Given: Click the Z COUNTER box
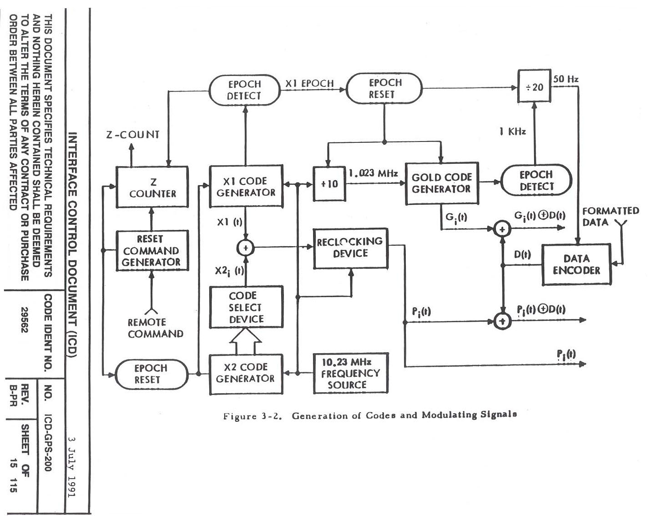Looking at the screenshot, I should pyautogui.click(x=152, y=187).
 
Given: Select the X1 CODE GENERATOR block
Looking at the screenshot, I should pyautogui.click(x=246, y=187).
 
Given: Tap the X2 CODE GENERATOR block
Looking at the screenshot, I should pyautogui.click(x=246, y=373).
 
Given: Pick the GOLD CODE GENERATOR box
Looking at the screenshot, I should pyautogui.click(x=441, y=183).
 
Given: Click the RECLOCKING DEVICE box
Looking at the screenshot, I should pyautogui.click(x=350, y=248).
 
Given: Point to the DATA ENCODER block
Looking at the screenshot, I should pyautogui.click(x=576, y=264).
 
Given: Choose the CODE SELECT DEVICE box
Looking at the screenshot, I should pyautogui.click(x=246, y=307).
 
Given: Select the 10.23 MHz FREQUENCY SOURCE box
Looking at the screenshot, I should pyautogui.click(x=350, y=373).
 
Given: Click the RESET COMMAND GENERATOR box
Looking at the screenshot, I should pyautogui.click(x=152, y=251).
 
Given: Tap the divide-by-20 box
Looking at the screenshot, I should pyautogui.click(x=534, y=86).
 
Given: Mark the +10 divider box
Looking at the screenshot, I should pyautogui.click(x=329, y=184).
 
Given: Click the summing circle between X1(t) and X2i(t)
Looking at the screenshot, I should pyautogui.click(x=246, y=248).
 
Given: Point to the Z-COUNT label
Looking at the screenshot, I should pyautogui.click(x=133, y=135).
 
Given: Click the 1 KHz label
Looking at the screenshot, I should pyautogui.click(x=512, y=132).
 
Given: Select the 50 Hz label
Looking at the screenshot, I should pyautogui.click(x=566, y=79).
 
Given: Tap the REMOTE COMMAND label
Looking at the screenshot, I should pyautogui.click(x=155, y=328).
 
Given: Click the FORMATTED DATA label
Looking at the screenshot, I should pyautogui.click(x=611, y=217).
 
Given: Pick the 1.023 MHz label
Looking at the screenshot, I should pyautogui.click(x=373, y=173).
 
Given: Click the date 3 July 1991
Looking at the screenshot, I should pyautogui.click(x=71, y=466).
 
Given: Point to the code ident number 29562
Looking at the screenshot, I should pyautogui.click(x=25, y=320).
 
